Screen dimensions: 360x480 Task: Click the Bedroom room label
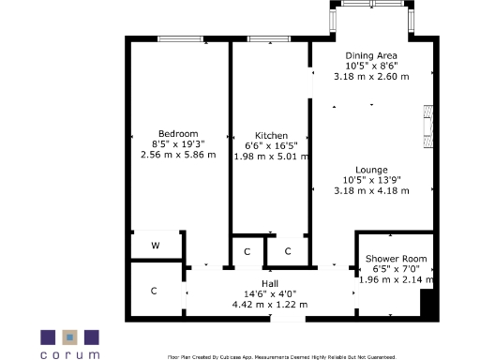[177, 132]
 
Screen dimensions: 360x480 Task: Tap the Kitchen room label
[271, 135]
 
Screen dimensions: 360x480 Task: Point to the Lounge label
[371, 170]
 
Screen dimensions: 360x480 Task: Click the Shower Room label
[397, 259]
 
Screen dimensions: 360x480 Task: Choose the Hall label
[270, 283]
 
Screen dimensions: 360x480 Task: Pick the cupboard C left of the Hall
[154, 291]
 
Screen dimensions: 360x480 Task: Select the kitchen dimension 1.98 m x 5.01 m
[271, 157]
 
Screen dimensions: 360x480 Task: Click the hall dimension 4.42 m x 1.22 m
[270, 304]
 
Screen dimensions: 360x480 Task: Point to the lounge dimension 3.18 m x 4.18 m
[371, 190]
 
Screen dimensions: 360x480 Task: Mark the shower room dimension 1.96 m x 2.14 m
[397, 279]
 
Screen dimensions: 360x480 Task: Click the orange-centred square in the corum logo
[69, 337]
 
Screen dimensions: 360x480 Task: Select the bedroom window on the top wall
[180, 38]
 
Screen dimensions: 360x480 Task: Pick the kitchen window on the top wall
[267, 38]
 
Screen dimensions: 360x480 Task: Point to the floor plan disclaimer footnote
[281, 356]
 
